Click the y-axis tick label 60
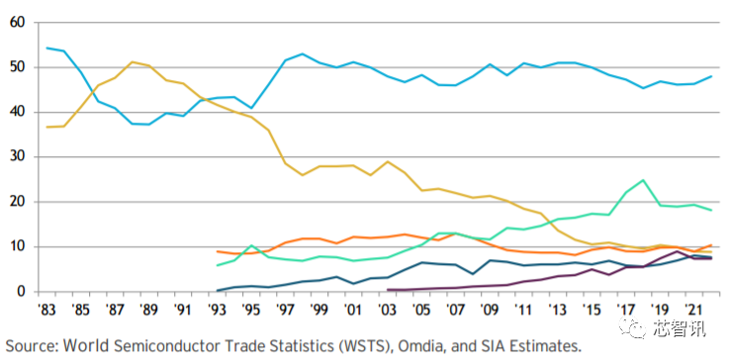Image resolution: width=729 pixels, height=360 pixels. [x=18, y=23]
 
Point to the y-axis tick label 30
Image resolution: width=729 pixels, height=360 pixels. [x=18, y=157]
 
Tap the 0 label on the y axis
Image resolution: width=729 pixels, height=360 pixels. [x=22, y=292]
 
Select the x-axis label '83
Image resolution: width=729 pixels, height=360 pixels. [x=46, y=309]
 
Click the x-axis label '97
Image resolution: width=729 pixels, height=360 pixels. [x=286, y=309]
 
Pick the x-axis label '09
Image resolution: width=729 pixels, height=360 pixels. [x=491, y=309]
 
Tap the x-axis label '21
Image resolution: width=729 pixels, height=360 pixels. [x=694, y=309]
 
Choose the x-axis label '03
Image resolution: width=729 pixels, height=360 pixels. [x=388, y=309]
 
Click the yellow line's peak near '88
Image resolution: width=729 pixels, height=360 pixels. [x=133, y=62]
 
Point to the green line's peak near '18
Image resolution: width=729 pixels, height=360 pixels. [x=644, y=180]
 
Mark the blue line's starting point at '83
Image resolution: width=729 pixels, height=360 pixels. [x=46, y=47]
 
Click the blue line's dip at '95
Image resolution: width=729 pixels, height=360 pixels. [x=251, y=109]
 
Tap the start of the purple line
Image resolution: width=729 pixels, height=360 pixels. [x=388, y=290]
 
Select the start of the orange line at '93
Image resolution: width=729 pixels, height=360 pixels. [x=218, y=251]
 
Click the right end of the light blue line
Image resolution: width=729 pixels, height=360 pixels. [x=712, y=76]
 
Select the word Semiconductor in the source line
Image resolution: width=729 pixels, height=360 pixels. [x=177, y=345]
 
